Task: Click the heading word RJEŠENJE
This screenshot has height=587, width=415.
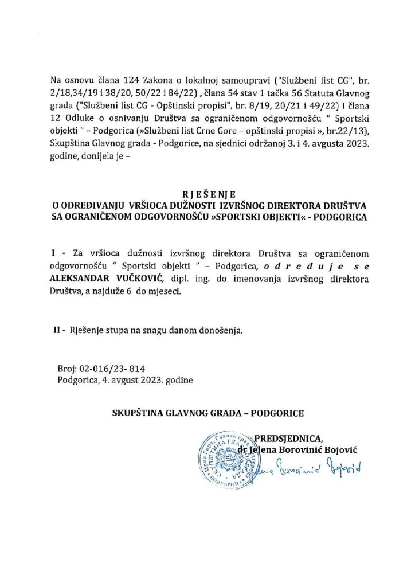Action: coord(207,194)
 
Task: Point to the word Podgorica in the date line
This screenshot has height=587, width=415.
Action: coord(75,380)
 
